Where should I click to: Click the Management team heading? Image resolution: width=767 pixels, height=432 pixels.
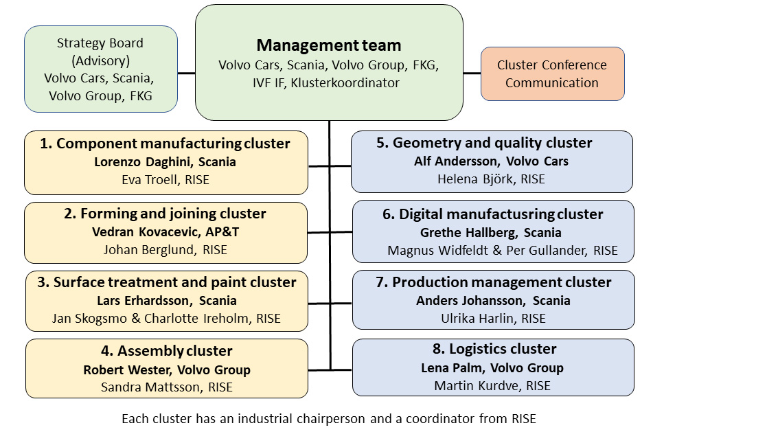[328, 45]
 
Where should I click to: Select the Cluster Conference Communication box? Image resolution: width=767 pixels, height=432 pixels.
[552, 73]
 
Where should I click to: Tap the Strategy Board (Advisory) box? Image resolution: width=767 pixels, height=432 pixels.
[100, 69]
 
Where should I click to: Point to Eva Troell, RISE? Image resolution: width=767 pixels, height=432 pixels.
[166, 179]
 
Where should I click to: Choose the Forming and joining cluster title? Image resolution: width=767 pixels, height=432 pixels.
[165, 214]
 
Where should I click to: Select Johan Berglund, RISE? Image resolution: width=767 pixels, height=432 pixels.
[165, 250]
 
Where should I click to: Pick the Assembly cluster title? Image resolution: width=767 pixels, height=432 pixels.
[165, 351]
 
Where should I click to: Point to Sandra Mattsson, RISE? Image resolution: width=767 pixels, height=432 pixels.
[166, 387]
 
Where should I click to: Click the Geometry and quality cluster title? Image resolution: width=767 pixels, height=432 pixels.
[484, 143]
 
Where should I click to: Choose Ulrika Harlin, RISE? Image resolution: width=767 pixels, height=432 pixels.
[493, 319]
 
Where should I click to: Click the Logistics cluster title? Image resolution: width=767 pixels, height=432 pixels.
[488, 349]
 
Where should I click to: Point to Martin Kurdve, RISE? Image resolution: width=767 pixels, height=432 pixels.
[492, 386]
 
